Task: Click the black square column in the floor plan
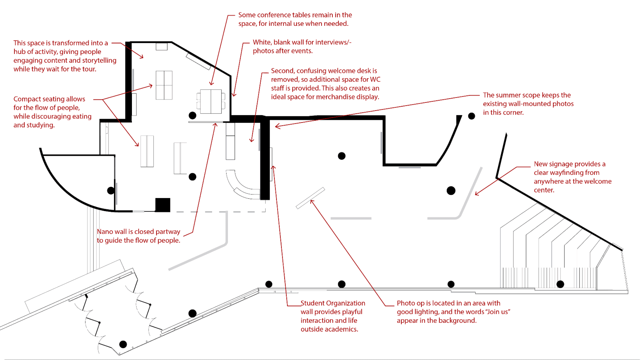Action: tap(163, 205)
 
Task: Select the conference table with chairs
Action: tap(211, 101)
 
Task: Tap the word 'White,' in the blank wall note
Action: tap(262, 42)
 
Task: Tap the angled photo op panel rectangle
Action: tap(310, 198)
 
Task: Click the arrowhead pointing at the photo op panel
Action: tap(312, 202)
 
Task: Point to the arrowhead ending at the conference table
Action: tap(212, 83)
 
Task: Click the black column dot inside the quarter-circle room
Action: tap(111, 191)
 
